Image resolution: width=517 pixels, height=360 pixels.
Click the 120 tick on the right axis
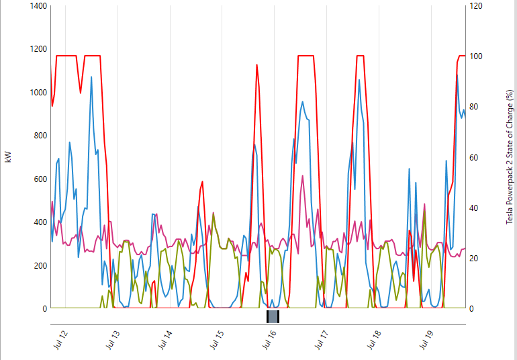click(x=476, y=6)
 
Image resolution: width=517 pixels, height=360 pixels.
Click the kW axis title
click(x=8, y=157)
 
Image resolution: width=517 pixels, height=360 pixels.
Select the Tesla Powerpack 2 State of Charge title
click(x=510, y=157)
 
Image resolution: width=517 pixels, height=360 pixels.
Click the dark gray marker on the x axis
click(x=273, y=316)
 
